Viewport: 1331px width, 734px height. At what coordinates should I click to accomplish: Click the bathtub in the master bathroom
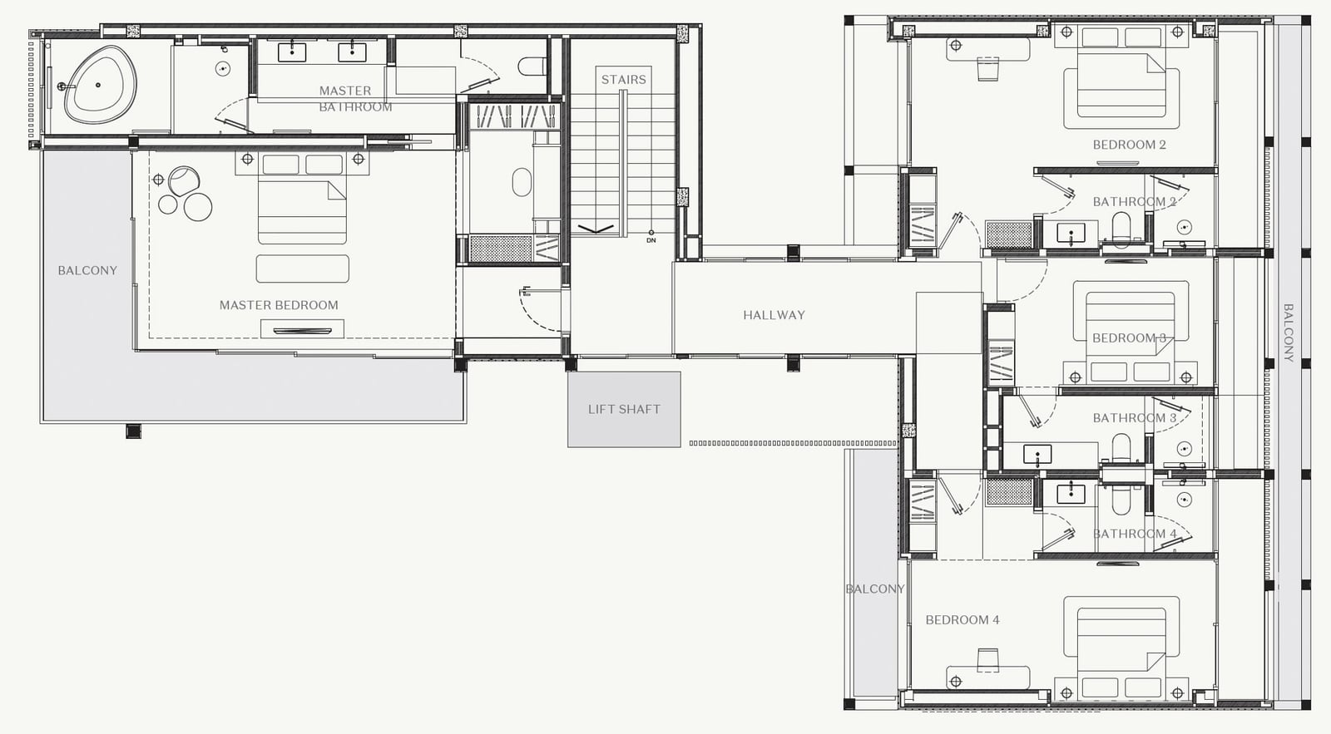pos(100,84)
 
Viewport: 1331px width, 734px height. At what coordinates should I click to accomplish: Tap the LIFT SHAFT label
pos(624,409)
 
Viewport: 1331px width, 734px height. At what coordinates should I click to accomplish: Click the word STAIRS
pos(623,80)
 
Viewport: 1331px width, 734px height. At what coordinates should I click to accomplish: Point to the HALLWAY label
pos(774,315)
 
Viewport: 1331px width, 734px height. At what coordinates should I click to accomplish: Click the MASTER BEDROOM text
pos(279,305)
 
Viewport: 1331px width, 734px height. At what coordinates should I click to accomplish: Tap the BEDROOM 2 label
pos(1129,145)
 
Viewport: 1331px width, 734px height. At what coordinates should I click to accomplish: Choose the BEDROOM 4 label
pos(962,620)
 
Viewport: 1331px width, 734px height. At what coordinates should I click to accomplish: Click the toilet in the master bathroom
pos(532,66)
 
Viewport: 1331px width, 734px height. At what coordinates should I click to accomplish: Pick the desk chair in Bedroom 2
pos(987,69)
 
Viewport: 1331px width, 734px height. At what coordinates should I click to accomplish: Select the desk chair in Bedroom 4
pos(987,660)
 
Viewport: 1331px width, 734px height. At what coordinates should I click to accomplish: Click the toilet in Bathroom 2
pos(1121,229)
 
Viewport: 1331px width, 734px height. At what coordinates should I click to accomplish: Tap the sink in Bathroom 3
pos(1037,455)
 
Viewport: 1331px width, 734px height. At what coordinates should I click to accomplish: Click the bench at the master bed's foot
pos(303,269)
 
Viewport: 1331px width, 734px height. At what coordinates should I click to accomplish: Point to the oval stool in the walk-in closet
pos(522,182)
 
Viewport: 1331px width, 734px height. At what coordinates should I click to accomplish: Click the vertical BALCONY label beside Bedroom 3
pos(1289,333)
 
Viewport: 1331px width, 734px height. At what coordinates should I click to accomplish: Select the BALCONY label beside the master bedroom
pos(87,271)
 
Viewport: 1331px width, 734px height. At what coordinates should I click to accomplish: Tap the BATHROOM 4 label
pos(1135,534)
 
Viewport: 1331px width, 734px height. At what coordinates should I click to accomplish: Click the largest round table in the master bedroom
pos(198,207)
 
